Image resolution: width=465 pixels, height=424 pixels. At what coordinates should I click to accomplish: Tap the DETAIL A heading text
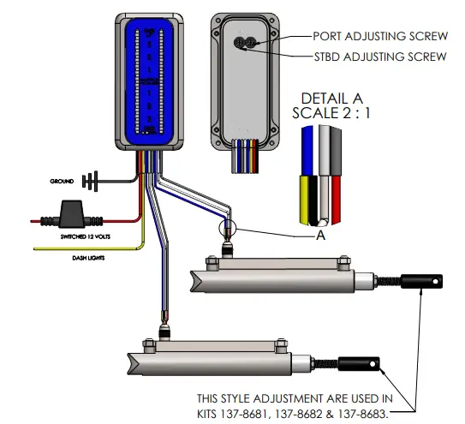333,99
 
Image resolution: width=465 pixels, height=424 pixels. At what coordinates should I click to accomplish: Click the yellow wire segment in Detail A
306,196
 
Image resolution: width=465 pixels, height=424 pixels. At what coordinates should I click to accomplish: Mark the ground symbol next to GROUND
87,182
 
